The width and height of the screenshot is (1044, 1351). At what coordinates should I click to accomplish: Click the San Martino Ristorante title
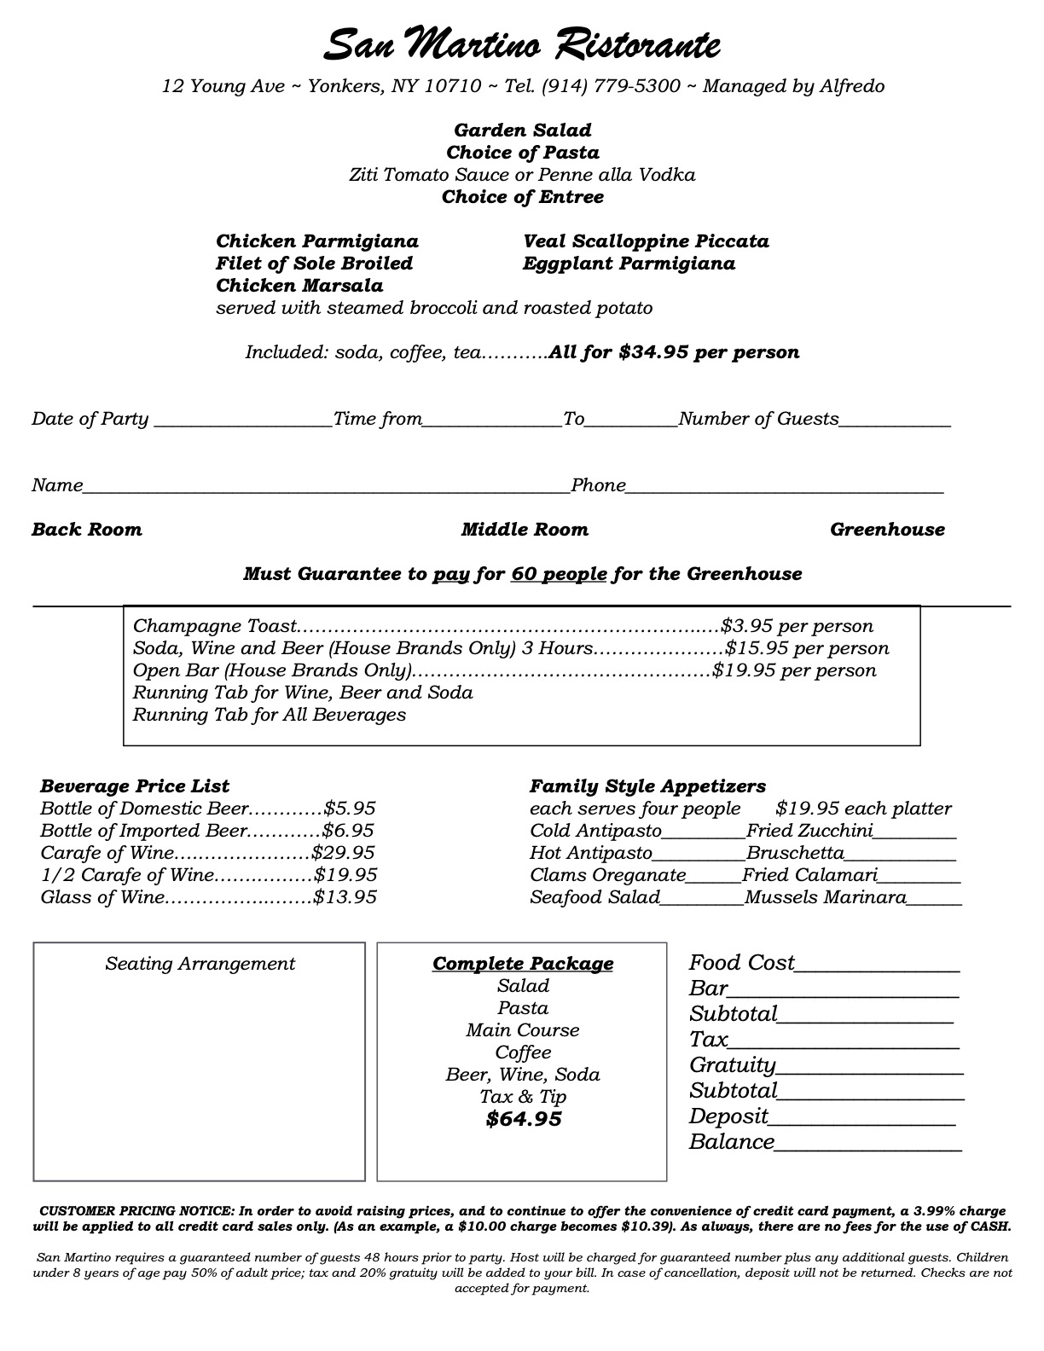(522, 44)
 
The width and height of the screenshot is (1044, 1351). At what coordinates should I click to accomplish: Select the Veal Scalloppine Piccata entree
(646, 241)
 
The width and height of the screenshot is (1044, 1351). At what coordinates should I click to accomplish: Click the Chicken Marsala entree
(299, 286)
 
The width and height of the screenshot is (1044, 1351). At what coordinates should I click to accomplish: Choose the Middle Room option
(525, 530)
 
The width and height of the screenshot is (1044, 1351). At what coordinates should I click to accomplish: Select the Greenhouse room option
(887, 530)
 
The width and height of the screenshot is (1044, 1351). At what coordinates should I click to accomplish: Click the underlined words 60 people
(559, 574)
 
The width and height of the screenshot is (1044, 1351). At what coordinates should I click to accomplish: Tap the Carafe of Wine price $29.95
(343, 853)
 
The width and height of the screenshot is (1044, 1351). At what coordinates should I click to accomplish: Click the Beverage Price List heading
(135, 786)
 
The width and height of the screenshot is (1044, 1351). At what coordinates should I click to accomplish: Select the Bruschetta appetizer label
(795, 854)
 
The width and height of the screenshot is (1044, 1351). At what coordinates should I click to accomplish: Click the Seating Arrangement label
(200, 964)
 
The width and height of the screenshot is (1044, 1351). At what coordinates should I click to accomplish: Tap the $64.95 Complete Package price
(523, 1119)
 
